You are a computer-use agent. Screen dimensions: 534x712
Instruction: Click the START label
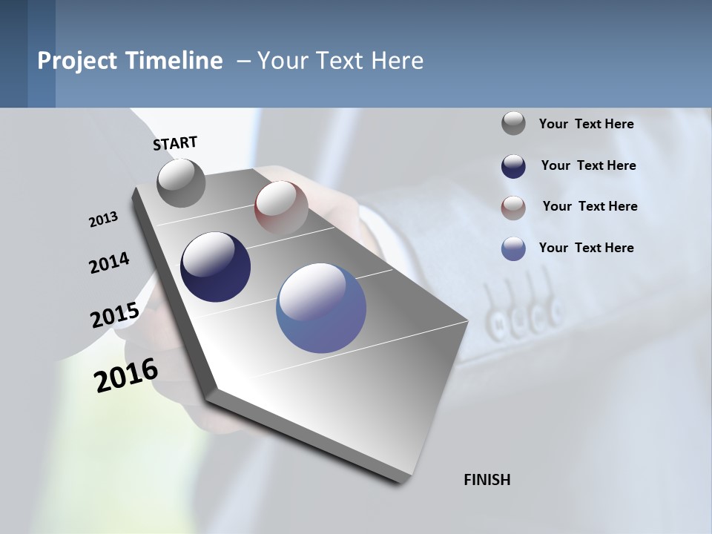175,143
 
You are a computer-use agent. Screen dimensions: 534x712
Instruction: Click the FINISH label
487,480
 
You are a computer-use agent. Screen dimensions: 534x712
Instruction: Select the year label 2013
103,220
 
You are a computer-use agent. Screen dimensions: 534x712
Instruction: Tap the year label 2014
109,263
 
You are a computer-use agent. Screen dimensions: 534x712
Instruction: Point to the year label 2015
115,315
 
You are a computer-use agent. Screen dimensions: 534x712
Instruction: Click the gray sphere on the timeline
182,182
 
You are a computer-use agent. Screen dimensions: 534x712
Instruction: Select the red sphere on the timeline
281,208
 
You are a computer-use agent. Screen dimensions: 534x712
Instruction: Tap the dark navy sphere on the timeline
216,267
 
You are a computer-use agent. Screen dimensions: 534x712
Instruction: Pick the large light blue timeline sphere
321,307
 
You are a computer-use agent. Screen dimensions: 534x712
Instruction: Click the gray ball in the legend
513,123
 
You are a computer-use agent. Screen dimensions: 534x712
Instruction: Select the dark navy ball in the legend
513,166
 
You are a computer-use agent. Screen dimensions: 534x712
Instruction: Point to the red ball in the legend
513,208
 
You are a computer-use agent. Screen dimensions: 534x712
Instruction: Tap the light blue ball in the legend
513,248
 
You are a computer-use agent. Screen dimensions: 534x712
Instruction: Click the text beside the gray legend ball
586,125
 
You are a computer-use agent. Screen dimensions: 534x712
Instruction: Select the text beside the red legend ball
590,206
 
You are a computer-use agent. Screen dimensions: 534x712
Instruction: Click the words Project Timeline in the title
130,61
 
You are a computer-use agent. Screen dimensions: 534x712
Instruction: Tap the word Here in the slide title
398,61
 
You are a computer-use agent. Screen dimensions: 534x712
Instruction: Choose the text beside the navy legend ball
588,165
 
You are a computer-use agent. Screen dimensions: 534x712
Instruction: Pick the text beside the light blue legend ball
586,248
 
